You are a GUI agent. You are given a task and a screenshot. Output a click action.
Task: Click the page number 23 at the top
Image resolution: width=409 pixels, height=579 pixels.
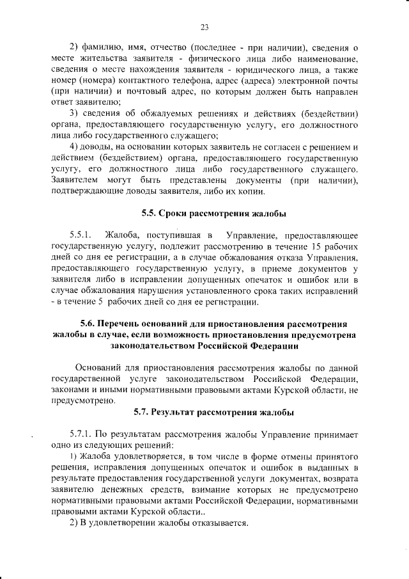(204, 26)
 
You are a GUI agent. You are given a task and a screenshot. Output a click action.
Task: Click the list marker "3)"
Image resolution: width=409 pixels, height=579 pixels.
(74, 115)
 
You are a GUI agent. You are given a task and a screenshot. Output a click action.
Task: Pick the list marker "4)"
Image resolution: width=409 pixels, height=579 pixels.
(74, 148)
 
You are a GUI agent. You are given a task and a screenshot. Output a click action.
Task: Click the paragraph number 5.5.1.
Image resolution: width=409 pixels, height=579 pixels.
(82, 236)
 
